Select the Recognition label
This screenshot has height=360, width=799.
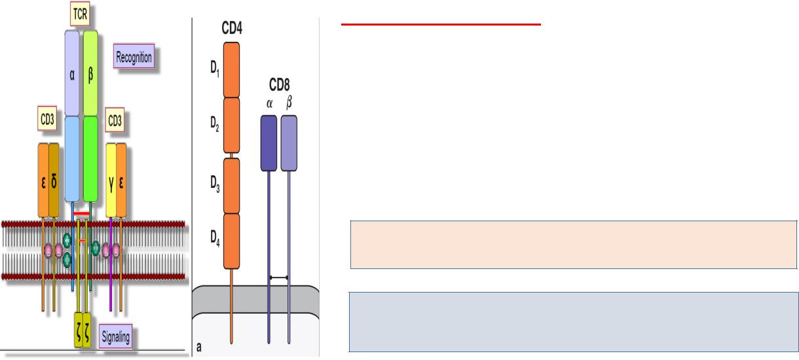pos(134,57)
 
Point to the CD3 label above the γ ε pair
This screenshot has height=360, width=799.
pos(114,120)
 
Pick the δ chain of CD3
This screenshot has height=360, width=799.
pos(54,179)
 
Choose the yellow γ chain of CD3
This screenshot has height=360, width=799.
pos(111,179)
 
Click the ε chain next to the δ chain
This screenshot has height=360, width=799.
pos(43,179)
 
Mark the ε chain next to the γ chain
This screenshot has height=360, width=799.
pos(121,179)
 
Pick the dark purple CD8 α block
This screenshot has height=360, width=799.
pos(269,143)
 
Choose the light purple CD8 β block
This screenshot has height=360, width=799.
pos(289,143)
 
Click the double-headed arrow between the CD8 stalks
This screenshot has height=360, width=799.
pos(279,278)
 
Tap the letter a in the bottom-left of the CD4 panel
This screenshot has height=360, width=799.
pos(198,346)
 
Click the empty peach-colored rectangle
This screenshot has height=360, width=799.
pos(574,245)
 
